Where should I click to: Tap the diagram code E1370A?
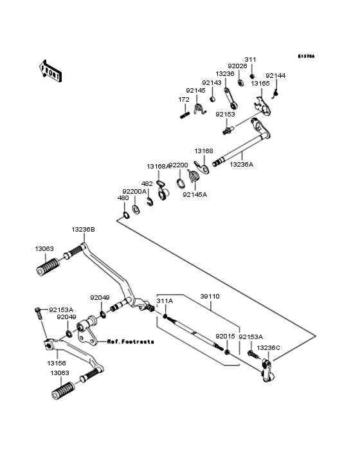click(306, 57)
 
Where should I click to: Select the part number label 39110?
click(210, 297)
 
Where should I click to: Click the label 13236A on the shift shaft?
click(242, 164)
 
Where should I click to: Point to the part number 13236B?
click(83, 229)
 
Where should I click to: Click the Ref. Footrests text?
click(130, 342)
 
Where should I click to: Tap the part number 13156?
click(55, 363)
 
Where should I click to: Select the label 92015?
click(225, 336)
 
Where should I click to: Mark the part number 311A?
click(165, 301)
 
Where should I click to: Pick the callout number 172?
click(183, 100)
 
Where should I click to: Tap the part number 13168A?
click(157, 166)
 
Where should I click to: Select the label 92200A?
click(134, 191)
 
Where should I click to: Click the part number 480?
click(123, 198)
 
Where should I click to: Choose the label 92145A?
click(195, 194)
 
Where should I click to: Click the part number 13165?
click(260, 84)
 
